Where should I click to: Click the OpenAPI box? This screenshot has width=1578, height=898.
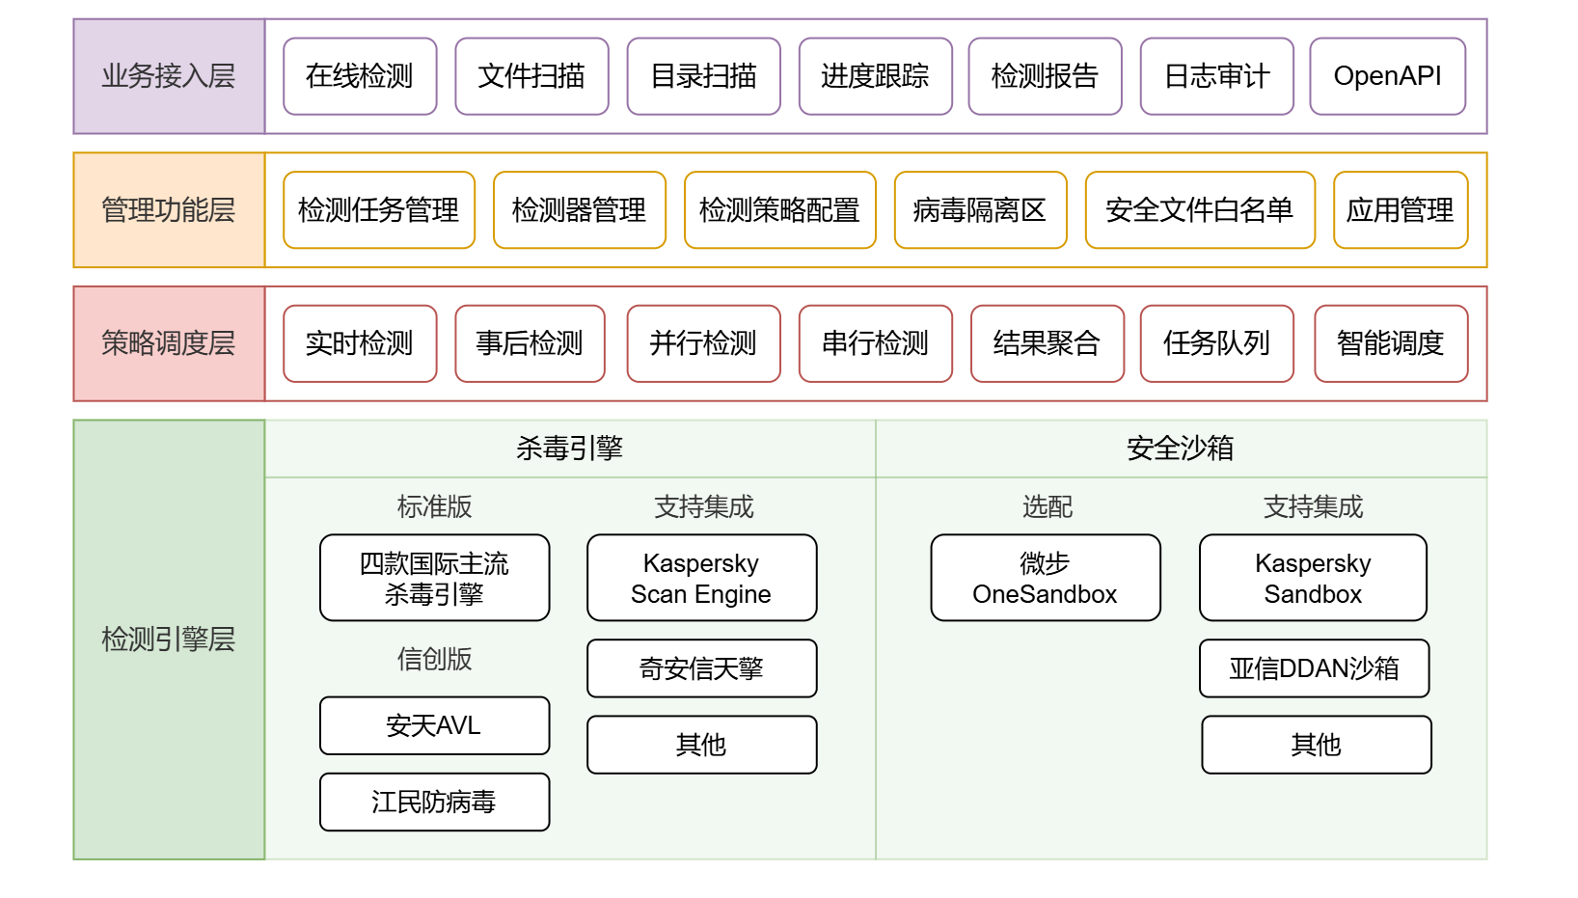[x=1388, y=76]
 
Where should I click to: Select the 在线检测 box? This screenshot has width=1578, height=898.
[x=360, y=76]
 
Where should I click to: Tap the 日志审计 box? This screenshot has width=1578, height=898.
[x=1216, y=76]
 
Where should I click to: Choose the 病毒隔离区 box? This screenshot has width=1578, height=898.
[x=981, y=210]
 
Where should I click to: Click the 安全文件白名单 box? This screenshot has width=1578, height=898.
[x=1201, y=210]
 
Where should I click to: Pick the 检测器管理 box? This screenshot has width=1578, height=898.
[x=580, y=210]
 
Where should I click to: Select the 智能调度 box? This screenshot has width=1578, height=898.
[x=1391, y=343]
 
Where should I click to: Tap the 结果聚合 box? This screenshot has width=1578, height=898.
[x=1047, y=343]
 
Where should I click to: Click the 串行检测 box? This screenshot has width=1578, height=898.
[x=876, y=343]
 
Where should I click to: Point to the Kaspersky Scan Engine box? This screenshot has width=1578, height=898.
[x=701, y=578]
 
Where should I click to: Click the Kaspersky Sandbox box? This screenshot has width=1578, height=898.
[x=1313, y=578]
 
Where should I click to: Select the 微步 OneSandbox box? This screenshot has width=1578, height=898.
[x=1046, y=578]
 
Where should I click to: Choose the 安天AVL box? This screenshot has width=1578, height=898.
[x=435, y=725]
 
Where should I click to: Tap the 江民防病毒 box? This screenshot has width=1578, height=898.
[x=435, y=803]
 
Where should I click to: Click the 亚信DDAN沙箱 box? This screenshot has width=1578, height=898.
[x=1315, y=668]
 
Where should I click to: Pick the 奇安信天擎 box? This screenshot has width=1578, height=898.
[x=701, y=668]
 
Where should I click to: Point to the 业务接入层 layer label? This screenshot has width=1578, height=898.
[x=169, y=76]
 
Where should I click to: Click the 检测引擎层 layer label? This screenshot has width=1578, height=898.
[x=169, y=639]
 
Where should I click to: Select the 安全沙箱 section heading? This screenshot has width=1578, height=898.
[x=1181, y=448]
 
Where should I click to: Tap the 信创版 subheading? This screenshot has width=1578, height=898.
[x=435, y=659]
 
